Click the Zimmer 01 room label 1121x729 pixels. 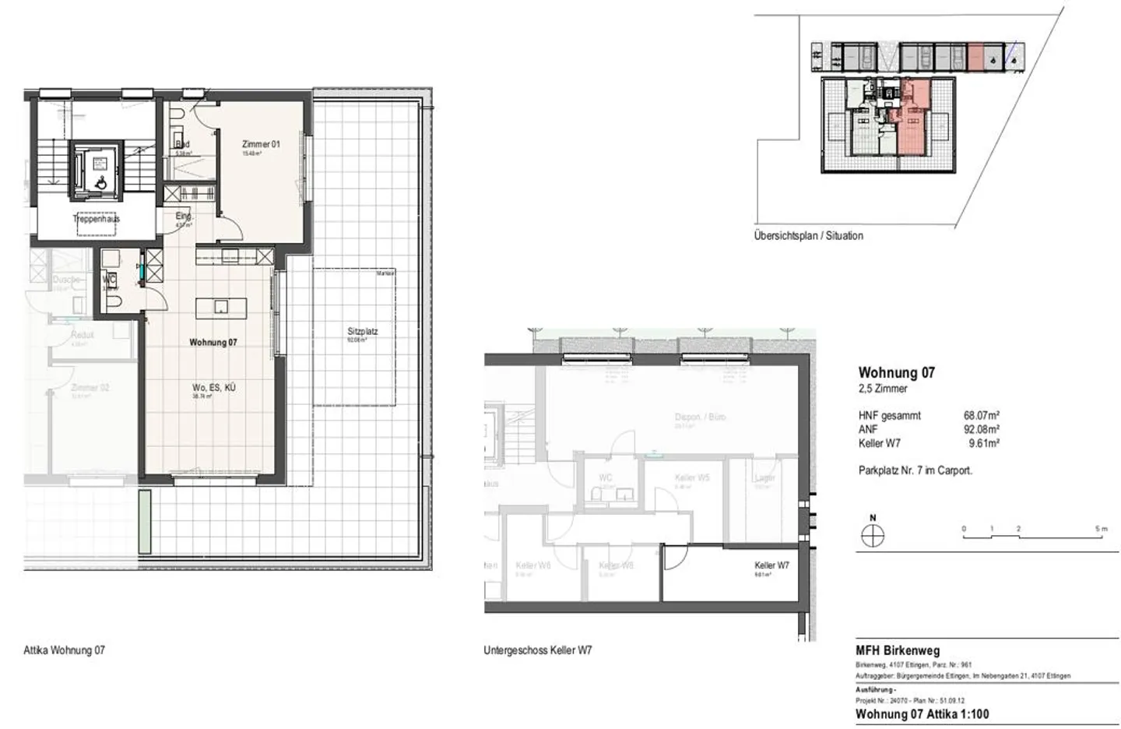pyautogui.click(x=260, y=144)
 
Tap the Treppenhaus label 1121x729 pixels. pyautogui.click(x=96, y=219)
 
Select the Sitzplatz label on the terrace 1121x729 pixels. pyautogui.click(x=362, y=331)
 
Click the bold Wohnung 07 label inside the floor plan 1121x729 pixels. pyautogui.click(x=213, y=342)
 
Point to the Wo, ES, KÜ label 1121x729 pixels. pyautogui.click(x=214, y=387)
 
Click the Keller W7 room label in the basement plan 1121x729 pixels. pyautogui.click(x=771, y=565)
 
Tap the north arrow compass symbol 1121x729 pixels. pyautogui.click(x=873, y=536)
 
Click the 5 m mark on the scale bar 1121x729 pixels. pyautogui.click(x=1100, y=530)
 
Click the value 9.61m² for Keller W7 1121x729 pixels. pyautogui.click(x=984, y=443)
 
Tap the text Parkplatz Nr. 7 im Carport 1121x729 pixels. pyautogui.click(x=915, y=470)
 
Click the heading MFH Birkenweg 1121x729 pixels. pyautogui.click(x=897, y=650)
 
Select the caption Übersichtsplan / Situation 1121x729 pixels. pyautogui.click(x=808, y=235)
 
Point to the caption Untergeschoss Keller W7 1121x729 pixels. pyautogui.click(x=537, y=650)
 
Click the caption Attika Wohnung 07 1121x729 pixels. pyautogui.click(x=64, y=650)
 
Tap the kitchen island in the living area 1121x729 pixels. pyautogui.click(x=221, y=305)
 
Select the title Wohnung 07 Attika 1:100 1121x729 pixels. pyautogui.click(x=922, y=713)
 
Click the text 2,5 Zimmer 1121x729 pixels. pyautogui.click(x=883, y=389)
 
